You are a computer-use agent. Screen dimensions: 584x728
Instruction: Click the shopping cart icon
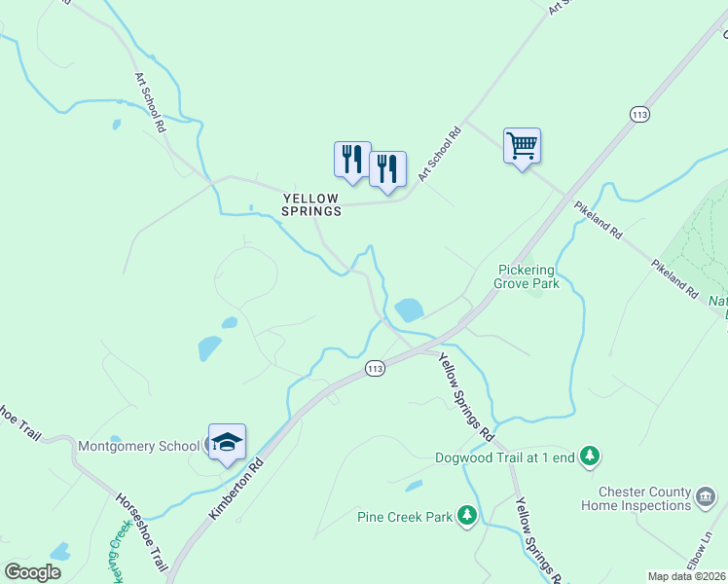tap(522, 147)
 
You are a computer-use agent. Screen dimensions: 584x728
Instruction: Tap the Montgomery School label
tap(136, 446)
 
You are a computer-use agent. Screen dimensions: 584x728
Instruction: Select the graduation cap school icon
tap(227, 443)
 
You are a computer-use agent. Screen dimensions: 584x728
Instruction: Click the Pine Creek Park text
tap(405, 517)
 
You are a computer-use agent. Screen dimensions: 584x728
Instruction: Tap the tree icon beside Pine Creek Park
tap(467, 515)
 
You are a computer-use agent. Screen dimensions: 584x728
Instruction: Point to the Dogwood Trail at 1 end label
tap(504, 456)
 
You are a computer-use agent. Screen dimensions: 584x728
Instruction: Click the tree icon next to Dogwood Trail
tap(589, 456)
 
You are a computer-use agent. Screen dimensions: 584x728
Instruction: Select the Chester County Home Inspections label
tap(636, 499)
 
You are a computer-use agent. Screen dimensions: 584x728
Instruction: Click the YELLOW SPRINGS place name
tap(311, 204)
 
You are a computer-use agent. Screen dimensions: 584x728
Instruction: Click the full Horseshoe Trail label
tap(141, 531)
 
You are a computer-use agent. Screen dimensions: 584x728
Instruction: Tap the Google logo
tap(33, 571)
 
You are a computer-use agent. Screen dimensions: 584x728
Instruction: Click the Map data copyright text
tap(687, 575)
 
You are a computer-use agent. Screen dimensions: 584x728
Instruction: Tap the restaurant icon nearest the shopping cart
tap(387, 169)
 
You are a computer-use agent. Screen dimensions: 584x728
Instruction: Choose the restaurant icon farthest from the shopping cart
tap(352, 160)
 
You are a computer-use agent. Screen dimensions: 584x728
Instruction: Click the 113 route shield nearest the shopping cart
tap(638, 115)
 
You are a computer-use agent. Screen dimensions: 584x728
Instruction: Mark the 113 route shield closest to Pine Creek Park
tap(376, 368)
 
